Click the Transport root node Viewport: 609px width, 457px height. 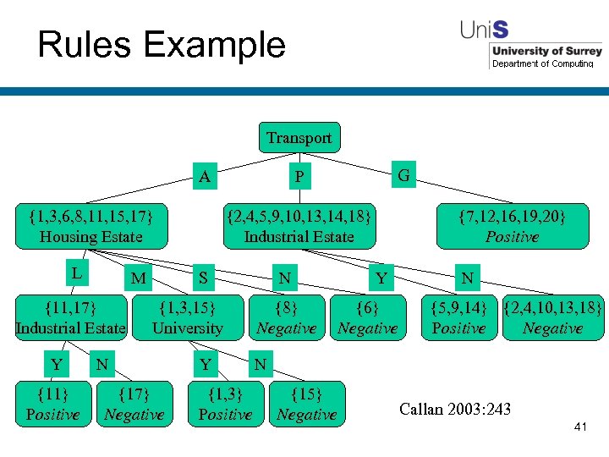(x=299, y=138)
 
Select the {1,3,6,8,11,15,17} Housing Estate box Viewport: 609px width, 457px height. (x=91, y=226)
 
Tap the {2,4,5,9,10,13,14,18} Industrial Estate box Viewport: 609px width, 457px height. (x=299, y=226)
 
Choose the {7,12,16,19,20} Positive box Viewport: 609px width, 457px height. (x=512, y=226)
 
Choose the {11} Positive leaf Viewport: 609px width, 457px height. (x=52, y=404)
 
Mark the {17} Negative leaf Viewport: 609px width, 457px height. (x=134, y=404)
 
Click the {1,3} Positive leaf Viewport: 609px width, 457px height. (x=225, y=404)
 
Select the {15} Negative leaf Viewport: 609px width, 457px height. (x=306, y=404)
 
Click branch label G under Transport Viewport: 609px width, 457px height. (x=404, y=176)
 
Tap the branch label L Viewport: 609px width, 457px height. (x=76, y=273)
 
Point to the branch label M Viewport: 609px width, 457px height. (x=140, y=278)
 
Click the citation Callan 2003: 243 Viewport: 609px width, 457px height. (x=455, y=410)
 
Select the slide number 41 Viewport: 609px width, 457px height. (x=579, y=428)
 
